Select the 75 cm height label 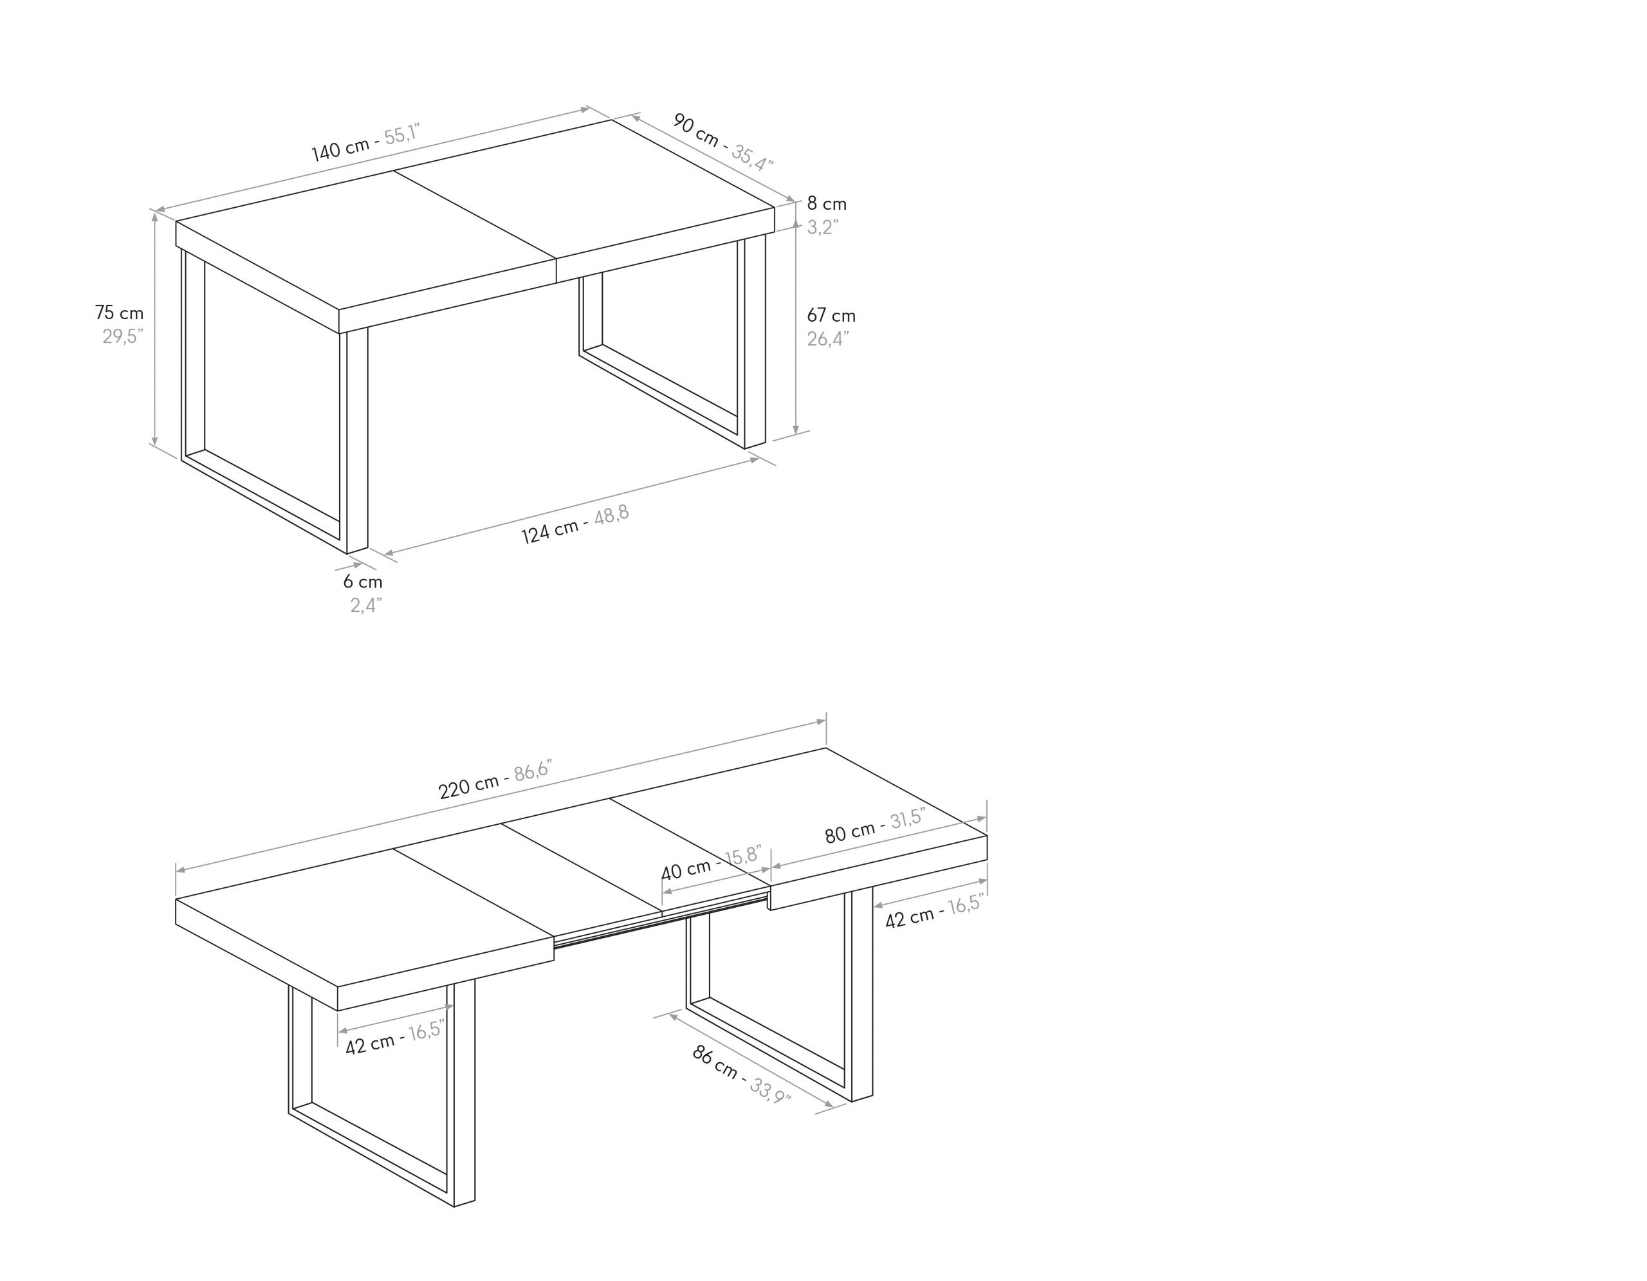click(x=119, y=312)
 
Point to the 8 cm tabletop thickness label click(x=827, y=203)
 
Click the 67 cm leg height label click(x=831, y=315)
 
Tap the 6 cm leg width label click(x=363, y=582)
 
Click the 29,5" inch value click(x=123, y=336)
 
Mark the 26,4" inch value click(x=828, y=339)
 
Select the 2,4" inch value click(x=365, y=605)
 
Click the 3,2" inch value click(x=823, y=227)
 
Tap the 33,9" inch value click(x=770, y=1089)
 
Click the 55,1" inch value click(x=402, y=134)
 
